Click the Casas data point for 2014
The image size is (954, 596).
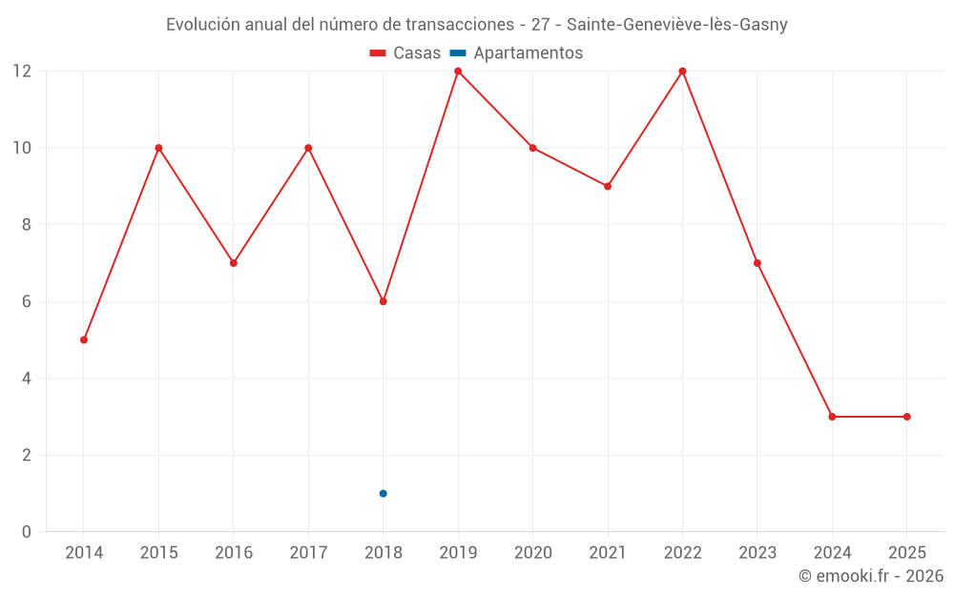84,339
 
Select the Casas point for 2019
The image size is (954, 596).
458,72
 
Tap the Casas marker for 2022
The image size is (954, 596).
682,72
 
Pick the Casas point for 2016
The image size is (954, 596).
234,262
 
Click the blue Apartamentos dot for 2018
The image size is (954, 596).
383,493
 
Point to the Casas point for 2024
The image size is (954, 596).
832,417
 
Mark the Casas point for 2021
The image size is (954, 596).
608,186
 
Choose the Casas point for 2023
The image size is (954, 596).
757,262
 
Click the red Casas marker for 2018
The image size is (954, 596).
383,301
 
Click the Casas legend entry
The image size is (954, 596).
405,53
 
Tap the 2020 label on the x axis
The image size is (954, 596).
532,553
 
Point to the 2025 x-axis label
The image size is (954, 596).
906,553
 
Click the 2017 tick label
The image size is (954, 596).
308,553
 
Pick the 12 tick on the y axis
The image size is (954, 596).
22,72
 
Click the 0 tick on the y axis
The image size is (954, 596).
27,531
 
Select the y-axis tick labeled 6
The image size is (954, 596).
27,301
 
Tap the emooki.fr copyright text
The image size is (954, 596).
871,576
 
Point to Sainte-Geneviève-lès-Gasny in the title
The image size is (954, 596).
676,25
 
